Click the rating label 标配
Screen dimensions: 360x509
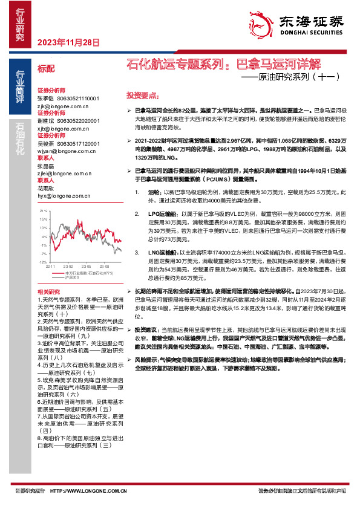(46, 69)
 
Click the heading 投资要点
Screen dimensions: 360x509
(142, 96)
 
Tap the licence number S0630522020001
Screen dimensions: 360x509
(77, 120)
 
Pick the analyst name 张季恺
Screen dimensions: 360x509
(45, 98)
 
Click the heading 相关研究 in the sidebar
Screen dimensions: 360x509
(48, 292)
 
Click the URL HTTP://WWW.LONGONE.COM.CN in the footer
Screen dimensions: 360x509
(88, 491)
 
